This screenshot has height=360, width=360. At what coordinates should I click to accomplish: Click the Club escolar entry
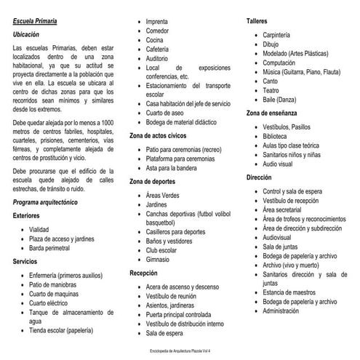pos(162,250)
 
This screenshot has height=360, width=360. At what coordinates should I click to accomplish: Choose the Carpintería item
pos(278,35)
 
